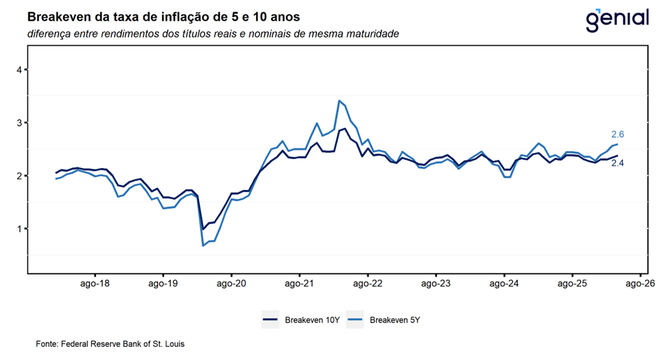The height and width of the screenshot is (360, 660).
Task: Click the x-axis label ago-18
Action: click(95, 284)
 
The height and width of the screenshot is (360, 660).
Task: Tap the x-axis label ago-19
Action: click(163, 284)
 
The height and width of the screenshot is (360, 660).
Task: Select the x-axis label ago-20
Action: click(231, 284)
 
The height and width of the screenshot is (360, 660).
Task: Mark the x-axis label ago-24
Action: click(504, 284)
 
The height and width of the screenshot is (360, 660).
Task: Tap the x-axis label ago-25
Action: click(572, 284)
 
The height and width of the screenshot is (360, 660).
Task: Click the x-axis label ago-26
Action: click(640, 284)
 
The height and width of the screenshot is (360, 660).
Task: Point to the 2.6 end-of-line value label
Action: click(618, 134)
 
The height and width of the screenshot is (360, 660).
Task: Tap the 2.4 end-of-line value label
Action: click(618, 163)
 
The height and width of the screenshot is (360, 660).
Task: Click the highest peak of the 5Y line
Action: click(340, 101)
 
